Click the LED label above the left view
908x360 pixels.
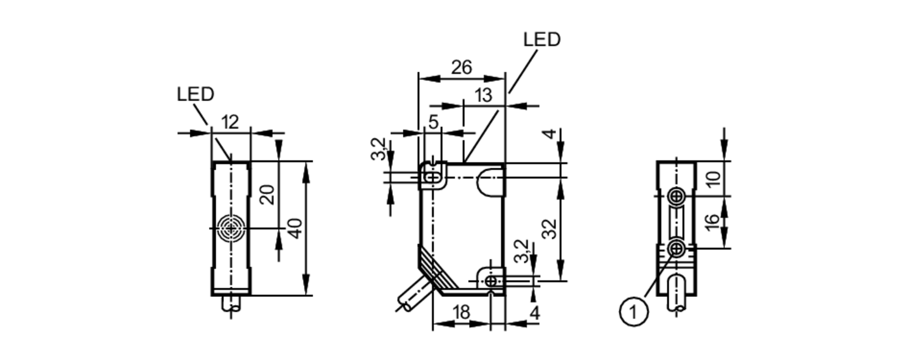(195, 94)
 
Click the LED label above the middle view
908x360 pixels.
(542, 39)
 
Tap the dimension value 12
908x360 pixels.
(230, 122)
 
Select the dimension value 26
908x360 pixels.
(462, 68)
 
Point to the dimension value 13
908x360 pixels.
(483, 95)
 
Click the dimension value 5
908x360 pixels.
(434, 122)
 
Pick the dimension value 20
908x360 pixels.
(267, 194)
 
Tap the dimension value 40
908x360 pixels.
(295, 228)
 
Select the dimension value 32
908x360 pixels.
(550, 228)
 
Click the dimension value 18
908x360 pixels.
(461, 312)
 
